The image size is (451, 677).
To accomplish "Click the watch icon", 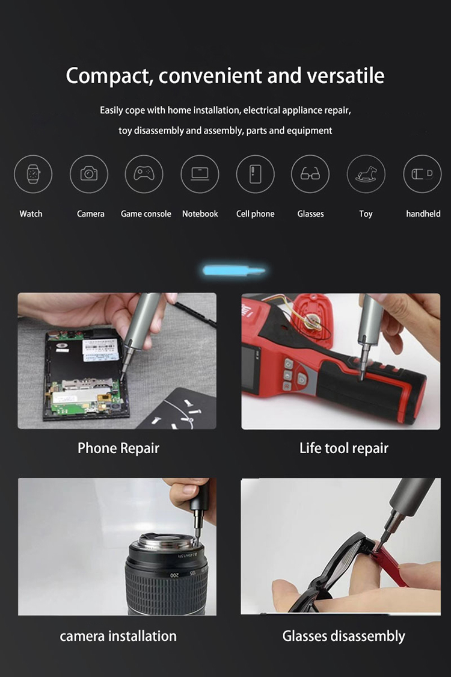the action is click(x=33, y=174).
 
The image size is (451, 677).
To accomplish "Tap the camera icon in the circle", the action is click(x=89, y=173).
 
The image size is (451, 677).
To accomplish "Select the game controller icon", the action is click(x=144, y=173).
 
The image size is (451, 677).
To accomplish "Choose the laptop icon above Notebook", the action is click(x=200, y=174).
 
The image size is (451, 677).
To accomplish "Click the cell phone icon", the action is click(x=256, y=174).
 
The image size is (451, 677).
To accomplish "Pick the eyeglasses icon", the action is click(x=310, y=173).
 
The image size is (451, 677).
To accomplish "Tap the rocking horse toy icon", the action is click(x=366, y=174).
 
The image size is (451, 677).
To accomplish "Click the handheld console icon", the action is click(x=422, y=174).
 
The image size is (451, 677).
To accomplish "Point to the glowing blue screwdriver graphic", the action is click(x=234, y=271).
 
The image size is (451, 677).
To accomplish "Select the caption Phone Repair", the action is click(x=118, y=448).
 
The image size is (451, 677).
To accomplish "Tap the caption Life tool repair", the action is click(x=344, y=448).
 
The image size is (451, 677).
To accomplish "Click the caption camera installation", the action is click(x=118, y=636).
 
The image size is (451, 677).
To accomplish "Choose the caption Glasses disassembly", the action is click(x=344, y=637).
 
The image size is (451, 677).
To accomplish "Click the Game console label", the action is click(x=146, y=214).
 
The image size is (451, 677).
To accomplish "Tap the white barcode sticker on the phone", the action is click(x=100, y=350).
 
